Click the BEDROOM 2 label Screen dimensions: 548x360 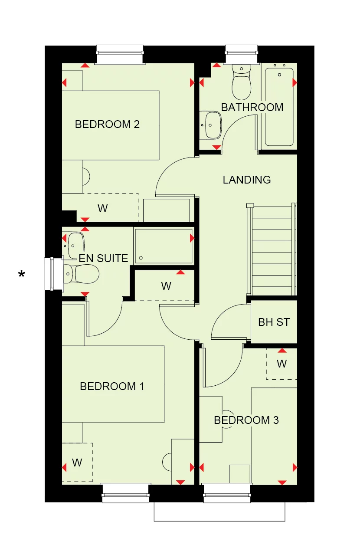107,125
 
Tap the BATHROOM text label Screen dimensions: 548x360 252,107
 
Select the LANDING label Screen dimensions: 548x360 247,180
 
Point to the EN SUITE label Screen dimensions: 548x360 103,259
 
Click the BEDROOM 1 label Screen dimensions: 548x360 112,386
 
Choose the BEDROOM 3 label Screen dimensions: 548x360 246,420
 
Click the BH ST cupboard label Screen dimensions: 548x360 274,322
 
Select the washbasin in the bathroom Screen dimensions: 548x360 212,125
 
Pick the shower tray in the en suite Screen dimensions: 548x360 164,246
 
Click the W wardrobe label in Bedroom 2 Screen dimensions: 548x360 102,209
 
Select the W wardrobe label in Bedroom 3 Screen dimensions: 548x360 282,364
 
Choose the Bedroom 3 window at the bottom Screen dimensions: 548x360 227,493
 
